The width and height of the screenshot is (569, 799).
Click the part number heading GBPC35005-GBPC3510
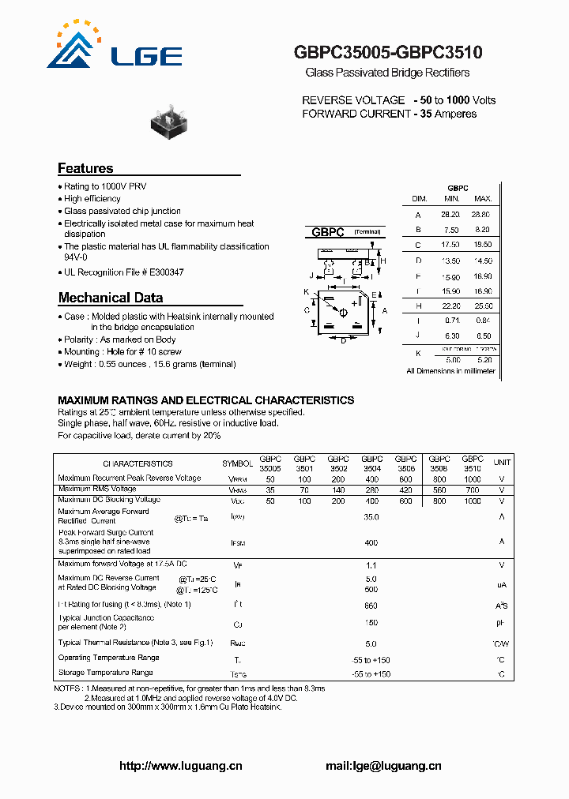click(x=387, y=53)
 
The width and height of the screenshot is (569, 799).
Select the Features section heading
click(x=85, y=168)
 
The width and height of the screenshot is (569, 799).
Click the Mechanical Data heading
click(x=111, y=298)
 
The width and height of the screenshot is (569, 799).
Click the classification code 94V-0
click(x=76, y=257)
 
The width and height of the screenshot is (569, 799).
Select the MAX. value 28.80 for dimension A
click(x=481, y=215)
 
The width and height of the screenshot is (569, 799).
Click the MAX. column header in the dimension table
click(x=483, y=199)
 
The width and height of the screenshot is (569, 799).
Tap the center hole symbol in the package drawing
click(x=343, y=313)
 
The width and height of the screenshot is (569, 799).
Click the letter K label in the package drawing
click(x=305, y=292)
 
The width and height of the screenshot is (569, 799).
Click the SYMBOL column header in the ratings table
click(x=237, y=463)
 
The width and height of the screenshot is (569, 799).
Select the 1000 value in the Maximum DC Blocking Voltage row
click(x=472, y=501)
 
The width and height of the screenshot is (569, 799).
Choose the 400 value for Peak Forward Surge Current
click(x=371, y=543)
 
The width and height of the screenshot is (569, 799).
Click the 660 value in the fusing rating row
click(x=371, y=605)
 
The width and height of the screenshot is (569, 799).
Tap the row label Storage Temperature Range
click(x=106, y=673)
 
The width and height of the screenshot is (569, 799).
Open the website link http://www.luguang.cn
click(x=180, y=766)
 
